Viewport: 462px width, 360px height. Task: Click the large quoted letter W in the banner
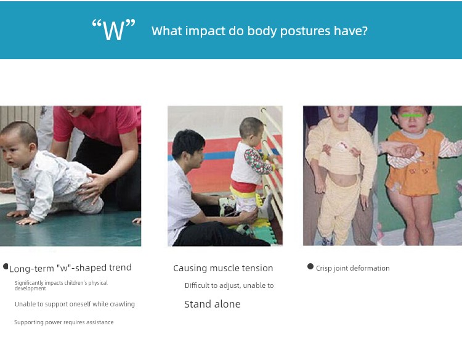click(x=114, y=30)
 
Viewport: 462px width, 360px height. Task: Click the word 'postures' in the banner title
click(x=305, y=31)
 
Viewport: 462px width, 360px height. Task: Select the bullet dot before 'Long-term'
click(x=6, y=266)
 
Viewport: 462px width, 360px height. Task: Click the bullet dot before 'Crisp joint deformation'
click(x=310, y=266)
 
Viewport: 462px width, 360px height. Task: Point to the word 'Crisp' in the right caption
click(x=323, y=268)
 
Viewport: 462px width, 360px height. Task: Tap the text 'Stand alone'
click(x=212, y=304)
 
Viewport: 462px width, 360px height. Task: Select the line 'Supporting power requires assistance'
click(x=64, y=322)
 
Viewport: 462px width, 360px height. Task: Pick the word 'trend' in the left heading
click(x=120, y=268)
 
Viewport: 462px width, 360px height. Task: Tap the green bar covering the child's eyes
click(x=412, y=115)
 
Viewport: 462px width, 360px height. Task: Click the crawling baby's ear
click(x=33, y=147)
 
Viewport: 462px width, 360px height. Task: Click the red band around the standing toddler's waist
click(x=243, y=186)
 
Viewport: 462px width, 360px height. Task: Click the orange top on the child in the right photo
click(x=415, y=163)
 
